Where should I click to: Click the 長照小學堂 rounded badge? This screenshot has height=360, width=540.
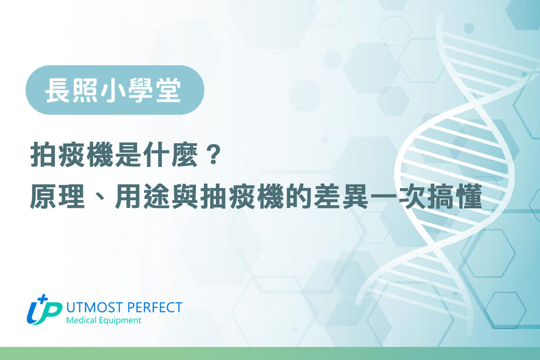point(115,90)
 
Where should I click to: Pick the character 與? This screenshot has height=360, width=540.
point(185,198)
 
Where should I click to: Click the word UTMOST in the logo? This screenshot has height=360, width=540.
point(90,307)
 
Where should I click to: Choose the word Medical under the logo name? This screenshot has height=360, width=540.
point(81,321)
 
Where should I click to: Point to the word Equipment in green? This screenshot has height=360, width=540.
point(120,321)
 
